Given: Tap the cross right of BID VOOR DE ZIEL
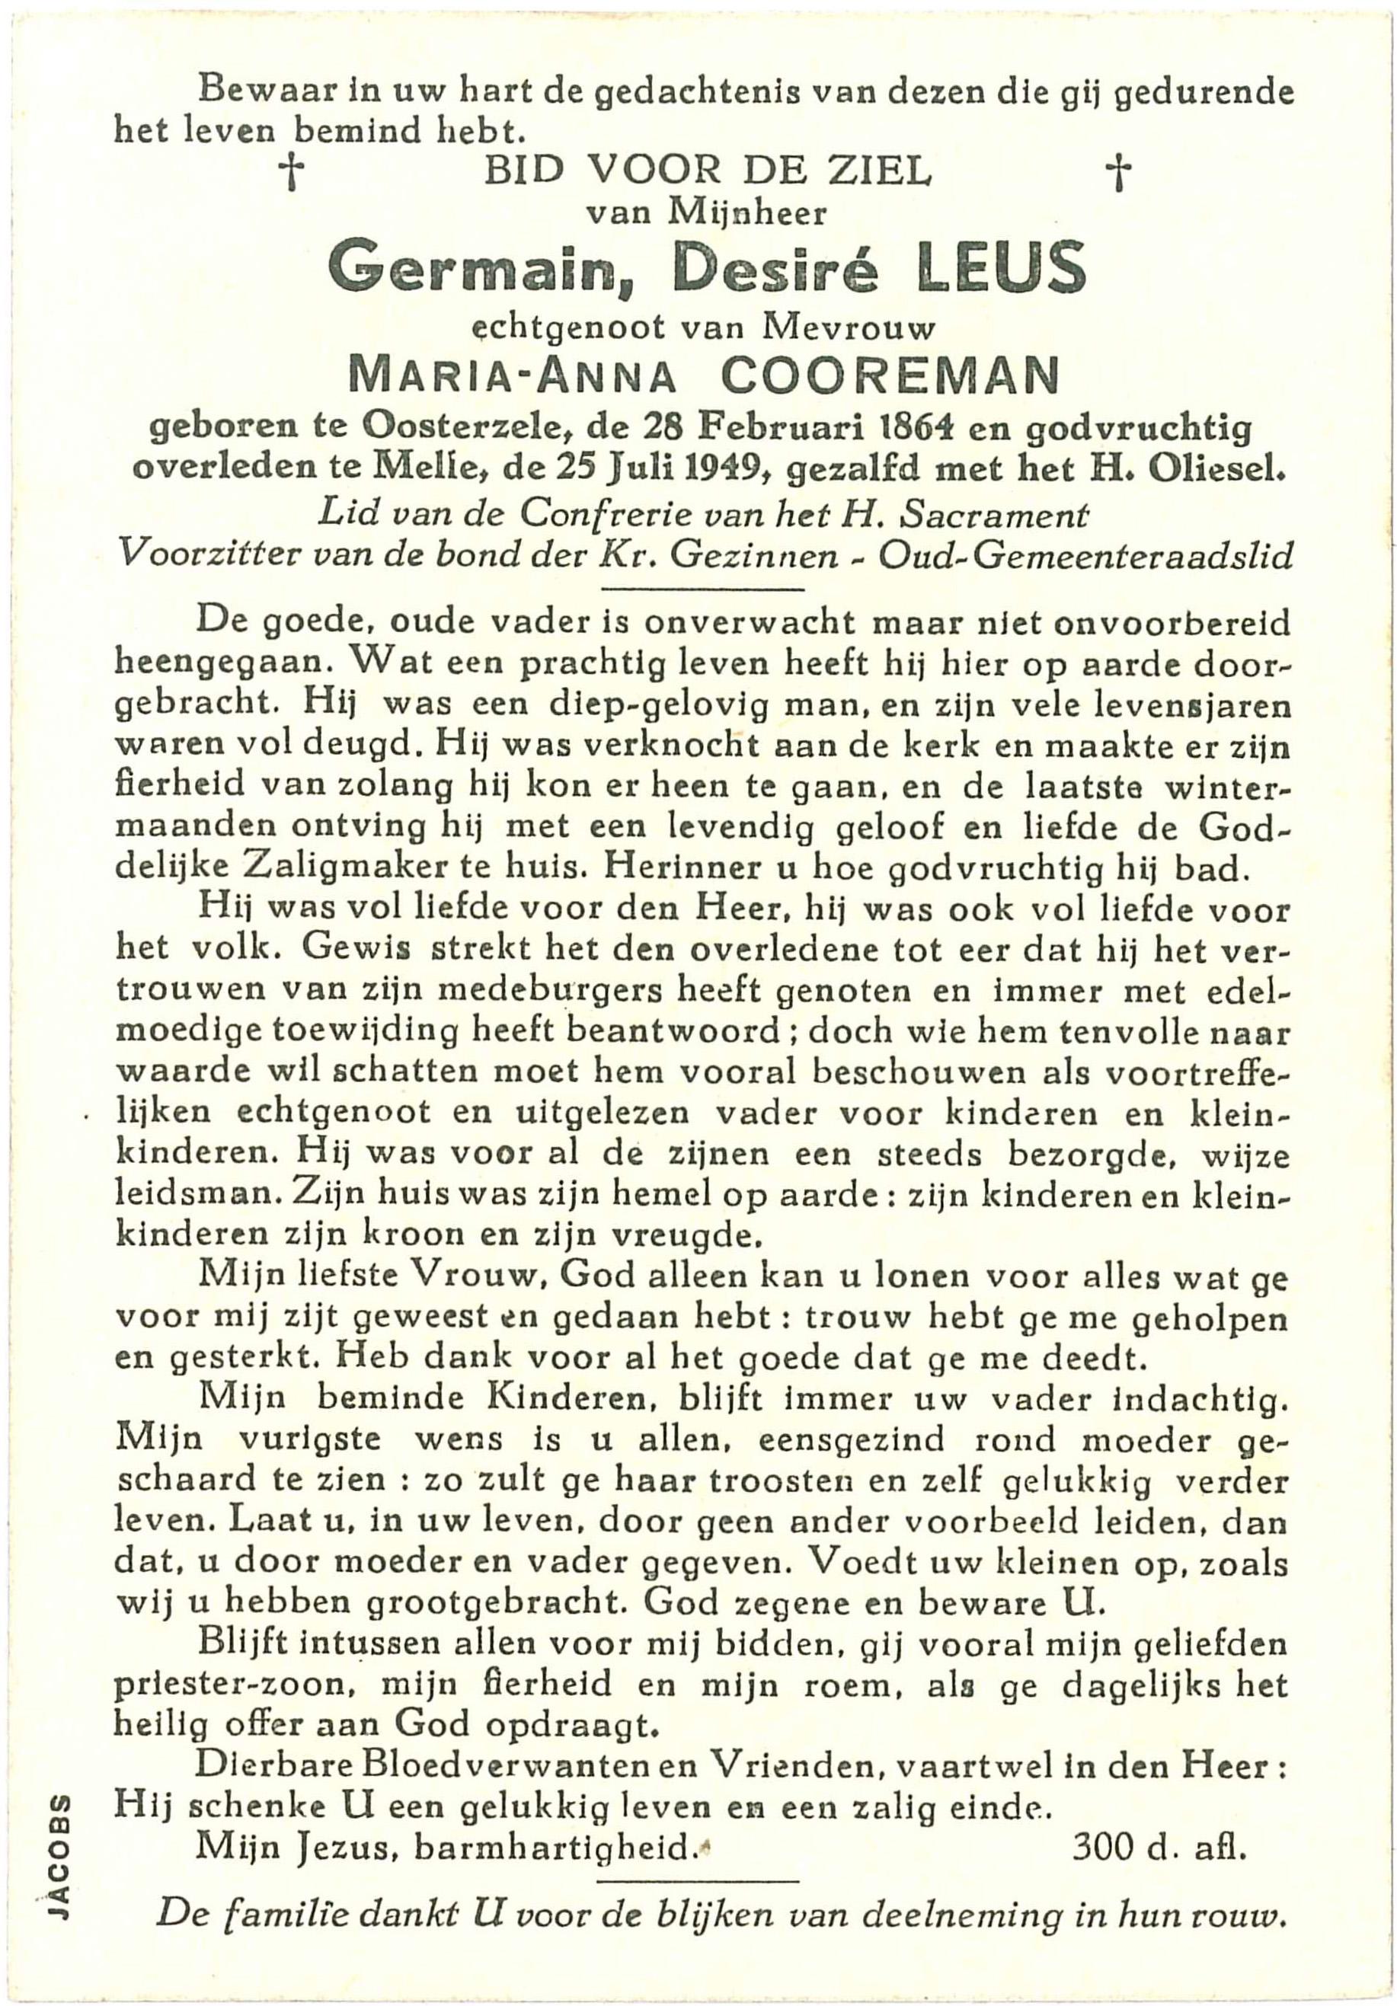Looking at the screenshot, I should pos(1118,174).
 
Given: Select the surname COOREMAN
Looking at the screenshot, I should pos(892,378).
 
